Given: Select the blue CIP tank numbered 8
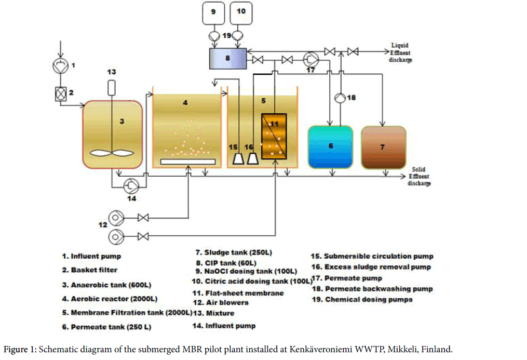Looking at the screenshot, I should [x=227, y=59].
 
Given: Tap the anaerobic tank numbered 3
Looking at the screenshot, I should [x=113, y=134].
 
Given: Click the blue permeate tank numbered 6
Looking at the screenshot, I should [x=330, y=147].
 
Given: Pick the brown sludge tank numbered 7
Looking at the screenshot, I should [x=383, y=148].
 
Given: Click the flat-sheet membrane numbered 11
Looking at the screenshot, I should [x=274, y=136].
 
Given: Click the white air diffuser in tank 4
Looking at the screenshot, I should [x=188, y=162].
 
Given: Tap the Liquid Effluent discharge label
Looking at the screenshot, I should [x=400, y=52].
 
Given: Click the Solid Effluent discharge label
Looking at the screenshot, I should [x=421, y=177].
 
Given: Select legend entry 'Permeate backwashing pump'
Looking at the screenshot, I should [x=372, y=289].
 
